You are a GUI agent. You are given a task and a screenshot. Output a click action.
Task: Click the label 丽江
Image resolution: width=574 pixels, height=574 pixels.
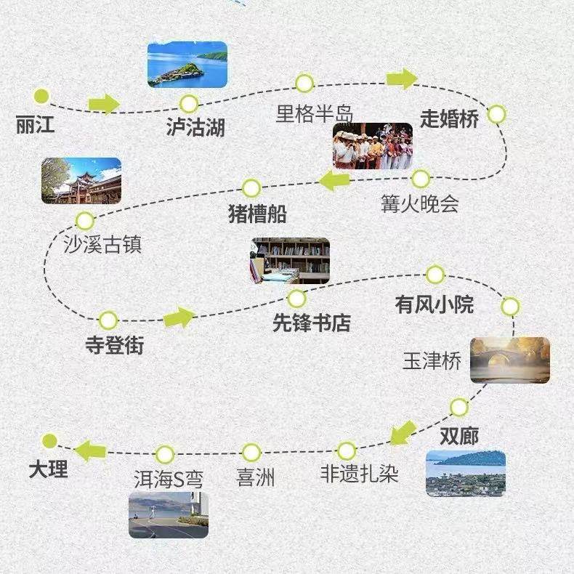35,125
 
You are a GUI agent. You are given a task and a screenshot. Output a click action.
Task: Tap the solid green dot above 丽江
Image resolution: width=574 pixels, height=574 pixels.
41,96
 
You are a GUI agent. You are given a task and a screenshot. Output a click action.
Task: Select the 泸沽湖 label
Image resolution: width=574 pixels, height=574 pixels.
195,129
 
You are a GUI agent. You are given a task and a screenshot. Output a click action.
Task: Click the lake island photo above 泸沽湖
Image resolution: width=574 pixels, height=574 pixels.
187,64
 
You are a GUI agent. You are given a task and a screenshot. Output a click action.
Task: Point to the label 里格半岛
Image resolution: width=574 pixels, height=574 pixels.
314,114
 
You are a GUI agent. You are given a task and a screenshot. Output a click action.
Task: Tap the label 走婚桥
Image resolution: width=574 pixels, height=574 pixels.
450,118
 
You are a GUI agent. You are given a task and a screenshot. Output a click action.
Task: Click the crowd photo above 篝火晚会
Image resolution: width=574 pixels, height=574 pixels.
373,146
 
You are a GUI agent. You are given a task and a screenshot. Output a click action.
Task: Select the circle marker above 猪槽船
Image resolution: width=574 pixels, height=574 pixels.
251,188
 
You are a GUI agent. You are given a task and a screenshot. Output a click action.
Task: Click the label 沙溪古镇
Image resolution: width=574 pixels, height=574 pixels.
102,244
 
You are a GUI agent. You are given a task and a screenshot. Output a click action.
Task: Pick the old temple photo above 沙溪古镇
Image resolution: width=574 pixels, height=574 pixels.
81,180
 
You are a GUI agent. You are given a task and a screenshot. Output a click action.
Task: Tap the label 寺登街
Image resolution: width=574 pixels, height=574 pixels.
114,345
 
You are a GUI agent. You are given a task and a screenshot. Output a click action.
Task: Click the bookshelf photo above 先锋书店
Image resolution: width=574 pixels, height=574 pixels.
290,260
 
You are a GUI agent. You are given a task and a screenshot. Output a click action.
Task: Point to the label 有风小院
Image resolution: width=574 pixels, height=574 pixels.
434,304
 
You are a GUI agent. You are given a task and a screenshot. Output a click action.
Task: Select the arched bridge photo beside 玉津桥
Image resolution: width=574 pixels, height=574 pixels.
509,360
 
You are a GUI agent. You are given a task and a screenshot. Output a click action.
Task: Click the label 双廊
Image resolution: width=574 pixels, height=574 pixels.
459,435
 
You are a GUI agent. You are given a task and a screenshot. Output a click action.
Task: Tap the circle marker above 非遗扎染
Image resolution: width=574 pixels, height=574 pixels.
347,450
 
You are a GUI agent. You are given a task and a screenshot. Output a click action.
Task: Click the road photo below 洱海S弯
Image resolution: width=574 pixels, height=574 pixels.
169,515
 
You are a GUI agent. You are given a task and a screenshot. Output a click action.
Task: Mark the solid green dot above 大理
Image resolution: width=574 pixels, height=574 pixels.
49,441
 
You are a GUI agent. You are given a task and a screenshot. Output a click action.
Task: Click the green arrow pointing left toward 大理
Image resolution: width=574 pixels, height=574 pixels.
91,450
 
